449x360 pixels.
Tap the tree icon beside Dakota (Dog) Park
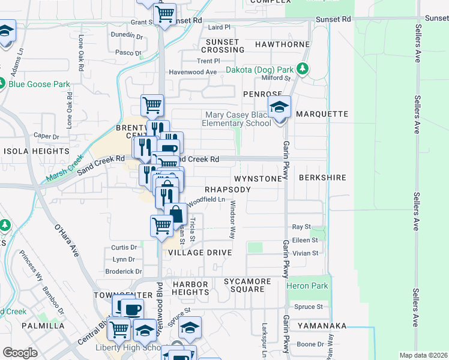point(303,69)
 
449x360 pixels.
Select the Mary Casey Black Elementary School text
point(238,119)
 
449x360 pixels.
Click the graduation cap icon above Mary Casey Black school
point(279,107)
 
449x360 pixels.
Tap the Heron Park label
point(307,286)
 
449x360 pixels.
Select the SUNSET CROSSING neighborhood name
point(223,46)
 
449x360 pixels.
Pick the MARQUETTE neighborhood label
point(322,114)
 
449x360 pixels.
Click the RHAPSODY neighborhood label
point(228,189)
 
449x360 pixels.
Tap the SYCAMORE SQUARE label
point(244,285)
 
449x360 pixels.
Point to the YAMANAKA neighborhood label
point(322,325)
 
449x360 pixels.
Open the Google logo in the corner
point(20,353)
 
